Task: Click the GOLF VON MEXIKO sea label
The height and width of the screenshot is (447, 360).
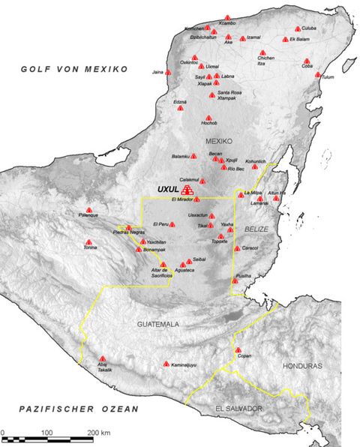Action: pyautogui.click(x=74, y=69)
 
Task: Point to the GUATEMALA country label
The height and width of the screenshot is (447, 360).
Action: pyautogui.click(x=158, y=324)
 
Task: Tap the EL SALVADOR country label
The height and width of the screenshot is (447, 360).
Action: pyautogui.click(x=238, y=409)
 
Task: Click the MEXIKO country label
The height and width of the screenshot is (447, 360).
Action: pyautogui.click(x=220, y=141)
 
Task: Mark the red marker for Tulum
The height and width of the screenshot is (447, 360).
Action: pyautogui.click(x=319, y=75)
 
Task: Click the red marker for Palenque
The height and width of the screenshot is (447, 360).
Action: pyautogui.click(x=89, y=210)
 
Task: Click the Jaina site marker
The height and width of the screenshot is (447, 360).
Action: pyautogui.click(x=168, y=72)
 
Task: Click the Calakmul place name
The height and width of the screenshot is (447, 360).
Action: pyautogui.click(x=189, y=180)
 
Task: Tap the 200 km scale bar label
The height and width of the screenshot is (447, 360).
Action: pyautogui.click(x=100, y=434)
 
